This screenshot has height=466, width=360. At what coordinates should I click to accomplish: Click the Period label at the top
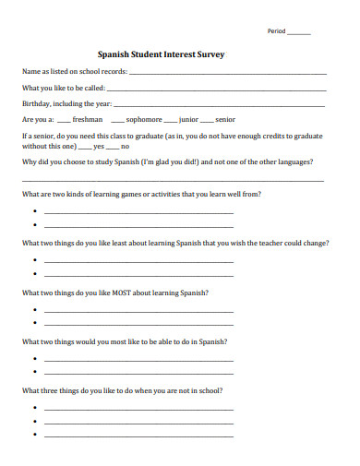(277, 31)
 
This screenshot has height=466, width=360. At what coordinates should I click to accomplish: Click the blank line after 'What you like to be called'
(217, 90)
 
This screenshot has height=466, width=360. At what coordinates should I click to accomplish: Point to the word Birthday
(36, 104)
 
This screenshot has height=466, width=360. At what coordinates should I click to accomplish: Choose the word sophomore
(144, 120)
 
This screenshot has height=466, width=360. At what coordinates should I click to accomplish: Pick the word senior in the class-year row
(226, 120)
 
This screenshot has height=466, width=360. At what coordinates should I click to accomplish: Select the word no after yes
(126, 146)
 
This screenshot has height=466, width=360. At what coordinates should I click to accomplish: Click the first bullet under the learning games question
(34, 212)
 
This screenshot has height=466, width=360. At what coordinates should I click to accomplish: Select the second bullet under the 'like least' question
(34, 274)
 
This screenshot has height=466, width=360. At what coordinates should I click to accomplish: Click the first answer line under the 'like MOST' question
(138, 310)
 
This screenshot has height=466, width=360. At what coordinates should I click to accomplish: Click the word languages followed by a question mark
(294, 161)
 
